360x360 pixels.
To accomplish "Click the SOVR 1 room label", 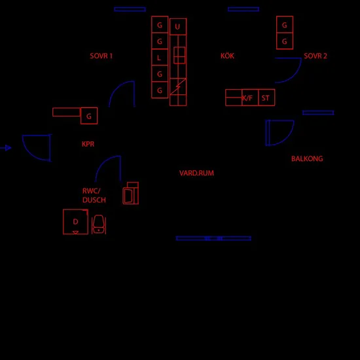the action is [101, 56].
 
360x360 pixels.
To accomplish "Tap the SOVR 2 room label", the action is [315, 56].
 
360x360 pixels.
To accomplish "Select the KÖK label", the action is [227, 56].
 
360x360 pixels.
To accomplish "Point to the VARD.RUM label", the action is [196, 173].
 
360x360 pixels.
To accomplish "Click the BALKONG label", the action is [307, 158].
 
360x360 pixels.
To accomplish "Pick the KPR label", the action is [88, 144].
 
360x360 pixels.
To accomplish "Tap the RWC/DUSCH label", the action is [94, 196].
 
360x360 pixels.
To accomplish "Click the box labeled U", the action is [178, 27].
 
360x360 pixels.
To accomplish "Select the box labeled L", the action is [160, 57].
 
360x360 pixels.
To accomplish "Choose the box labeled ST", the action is [266, 98].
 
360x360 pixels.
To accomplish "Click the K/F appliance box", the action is [250, 98].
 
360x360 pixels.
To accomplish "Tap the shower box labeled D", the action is [75, 222].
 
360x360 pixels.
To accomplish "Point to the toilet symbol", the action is [99, 225].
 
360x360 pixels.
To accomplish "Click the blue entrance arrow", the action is [5, 148].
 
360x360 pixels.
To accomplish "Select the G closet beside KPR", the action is [89, 116].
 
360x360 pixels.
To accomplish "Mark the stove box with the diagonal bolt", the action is [178, 86].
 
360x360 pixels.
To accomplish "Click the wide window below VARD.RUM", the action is [213, 238].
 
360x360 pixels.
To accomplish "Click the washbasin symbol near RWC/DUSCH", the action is [131, 193].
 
